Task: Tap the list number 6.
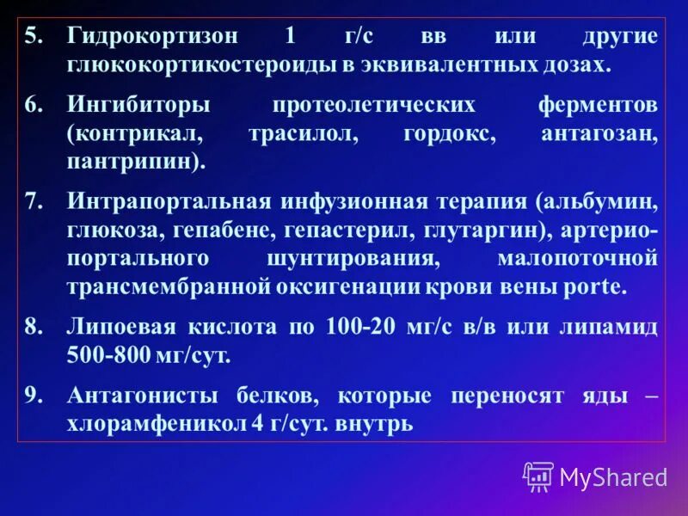32,105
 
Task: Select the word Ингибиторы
138,105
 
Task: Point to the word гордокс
444,134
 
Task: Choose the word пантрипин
132,162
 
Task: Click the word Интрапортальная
169,202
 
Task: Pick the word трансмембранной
169,286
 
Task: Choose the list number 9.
32,396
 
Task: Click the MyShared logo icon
537,476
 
